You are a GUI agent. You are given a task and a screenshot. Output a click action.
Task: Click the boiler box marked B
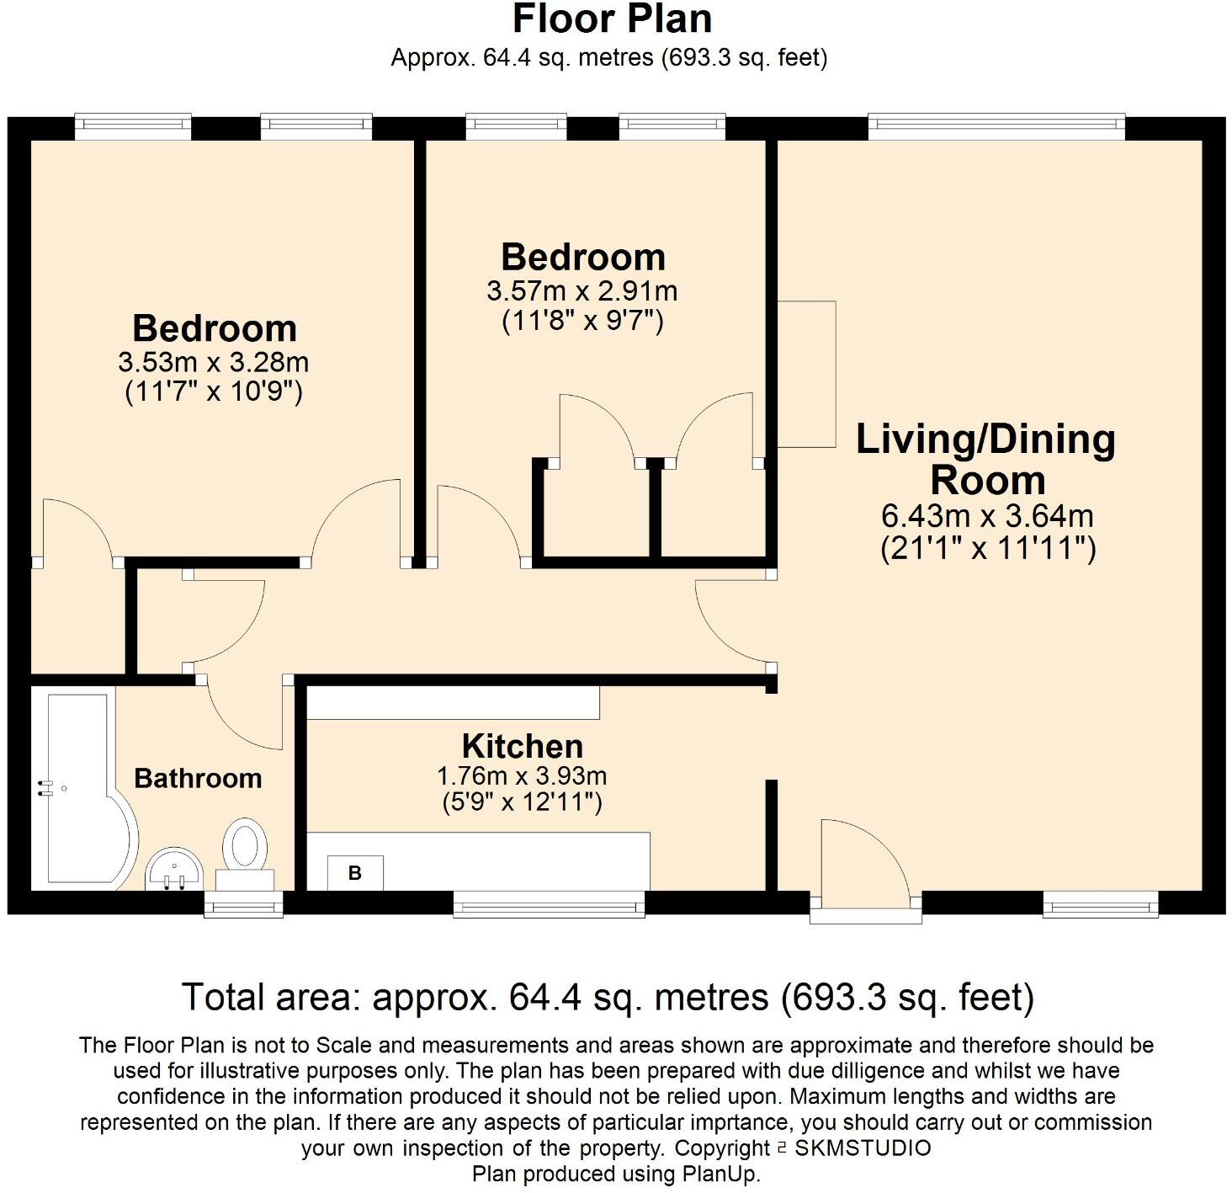pyautogui.click(x=354, y=873)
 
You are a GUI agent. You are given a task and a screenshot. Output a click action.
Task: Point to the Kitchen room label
pyautogui.click(x=522, y=747)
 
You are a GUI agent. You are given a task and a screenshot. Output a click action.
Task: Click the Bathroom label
pyautogui.click(x=198, y=778)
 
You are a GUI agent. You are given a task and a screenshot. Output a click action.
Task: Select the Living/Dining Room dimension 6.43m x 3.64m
pyautogui.click(x=987, y=515)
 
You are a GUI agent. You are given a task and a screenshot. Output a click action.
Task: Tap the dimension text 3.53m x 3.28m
pyautogui.click(x=214, y=363)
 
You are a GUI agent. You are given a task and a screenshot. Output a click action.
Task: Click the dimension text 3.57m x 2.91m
pyautogui.click(x=582, y=291)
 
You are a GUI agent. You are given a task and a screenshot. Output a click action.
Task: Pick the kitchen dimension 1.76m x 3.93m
pyautogui.click(x=522, y=775)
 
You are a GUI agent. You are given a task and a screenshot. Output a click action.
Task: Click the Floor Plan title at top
pyautogui.click(x=612, y=19)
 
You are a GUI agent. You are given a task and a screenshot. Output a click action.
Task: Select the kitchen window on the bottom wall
pyautogui.click(x=549, y=905)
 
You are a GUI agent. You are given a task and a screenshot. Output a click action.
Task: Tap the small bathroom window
pyautogui.click(x=244, y=905)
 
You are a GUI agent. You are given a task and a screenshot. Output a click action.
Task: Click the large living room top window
pyautogui.click(x=996, y=127)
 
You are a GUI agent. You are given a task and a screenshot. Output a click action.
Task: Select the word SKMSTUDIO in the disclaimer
pyautogui.click(x=863, y=1148)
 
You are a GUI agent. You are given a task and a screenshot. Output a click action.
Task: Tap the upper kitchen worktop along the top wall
pyautogui.click(x=453, y=702)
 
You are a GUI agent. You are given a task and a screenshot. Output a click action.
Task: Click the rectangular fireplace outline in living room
pyautogui.click(x=806, y=374)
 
